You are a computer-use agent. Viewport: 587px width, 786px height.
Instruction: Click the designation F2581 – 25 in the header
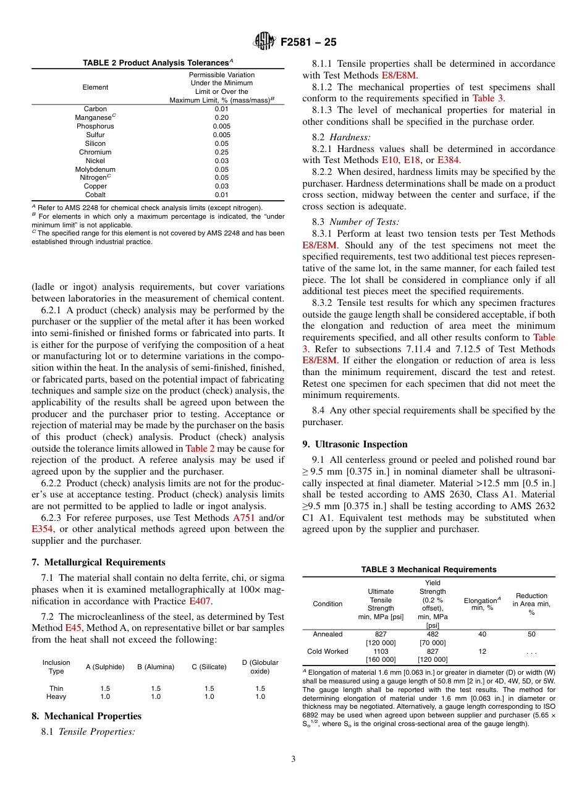(308, 43)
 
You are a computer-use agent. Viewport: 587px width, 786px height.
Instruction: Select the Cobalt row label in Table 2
(95, 195)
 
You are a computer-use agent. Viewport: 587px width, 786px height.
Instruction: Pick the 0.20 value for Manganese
(222, 117)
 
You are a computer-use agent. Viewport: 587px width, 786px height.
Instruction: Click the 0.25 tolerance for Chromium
(222, 152)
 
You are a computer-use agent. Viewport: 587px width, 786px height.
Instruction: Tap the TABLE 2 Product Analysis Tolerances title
(158, 63)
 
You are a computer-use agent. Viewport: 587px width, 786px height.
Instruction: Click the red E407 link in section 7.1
(200, 601)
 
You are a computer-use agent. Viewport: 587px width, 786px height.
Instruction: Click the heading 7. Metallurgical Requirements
(98, 562)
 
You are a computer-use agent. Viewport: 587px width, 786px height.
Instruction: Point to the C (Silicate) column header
(209, 667)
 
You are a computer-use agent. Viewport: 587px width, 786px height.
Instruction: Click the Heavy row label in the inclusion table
(56, 696)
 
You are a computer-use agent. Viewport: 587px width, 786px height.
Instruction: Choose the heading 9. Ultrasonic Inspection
(355, 444)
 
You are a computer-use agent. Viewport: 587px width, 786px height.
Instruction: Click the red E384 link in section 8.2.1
(448, 160)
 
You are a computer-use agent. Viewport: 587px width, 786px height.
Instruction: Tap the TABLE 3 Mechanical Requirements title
(428, 569)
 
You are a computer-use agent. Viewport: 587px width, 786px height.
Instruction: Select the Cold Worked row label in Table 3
(327, 651)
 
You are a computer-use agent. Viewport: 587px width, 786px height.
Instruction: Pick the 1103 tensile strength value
(381, 651)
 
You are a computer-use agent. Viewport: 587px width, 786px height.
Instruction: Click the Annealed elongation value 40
(482, 634)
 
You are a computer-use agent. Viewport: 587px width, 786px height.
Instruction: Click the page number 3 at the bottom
(293, 759)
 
